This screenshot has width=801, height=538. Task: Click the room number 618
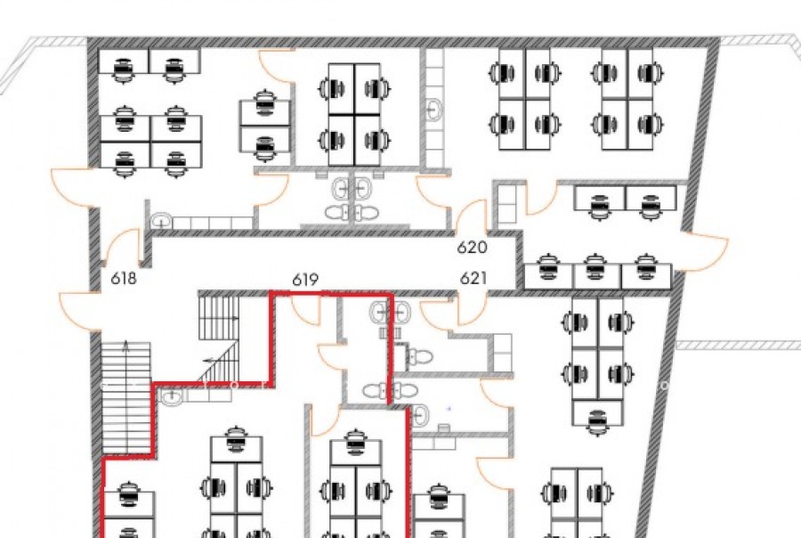(124, 278)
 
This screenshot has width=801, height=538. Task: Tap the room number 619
(305, 280)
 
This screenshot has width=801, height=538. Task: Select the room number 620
(472, 248)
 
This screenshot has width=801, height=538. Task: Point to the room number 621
(473, 278)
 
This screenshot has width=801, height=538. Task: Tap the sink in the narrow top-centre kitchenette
(433, 110)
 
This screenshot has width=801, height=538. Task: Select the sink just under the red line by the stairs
(172, 395)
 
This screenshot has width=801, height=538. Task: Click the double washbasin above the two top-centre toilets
(352, 189)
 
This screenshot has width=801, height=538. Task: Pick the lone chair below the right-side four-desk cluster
(598, 423)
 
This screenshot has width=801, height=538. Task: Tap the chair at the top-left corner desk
(123, 70)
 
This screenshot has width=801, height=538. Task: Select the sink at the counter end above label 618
(161, 222)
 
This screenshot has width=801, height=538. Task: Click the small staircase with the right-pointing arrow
(219, 317)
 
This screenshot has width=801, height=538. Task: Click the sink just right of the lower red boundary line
(420, 415)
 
